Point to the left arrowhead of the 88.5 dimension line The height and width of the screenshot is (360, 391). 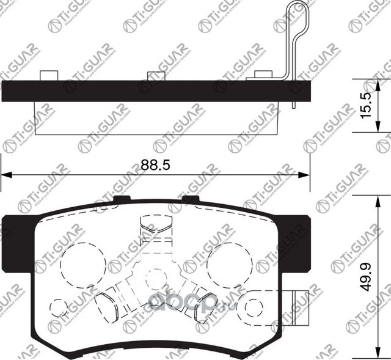[x=5, y=175]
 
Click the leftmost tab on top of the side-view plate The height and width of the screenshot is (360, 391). [x=48, y=75]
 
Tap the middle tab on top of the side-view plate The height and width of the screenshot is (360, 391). [x=156, y=76]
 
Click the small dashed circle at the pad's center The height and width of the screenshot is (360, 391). [x=156, y=279]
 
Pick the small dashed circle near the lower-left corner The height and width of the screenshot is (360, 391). [x=59, y=307]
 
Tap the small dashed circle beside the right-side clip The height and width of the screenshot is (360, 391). [x=251, y=306]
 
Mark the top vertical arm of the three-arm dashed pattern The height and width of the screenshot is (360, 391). [x=156, y=232]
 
